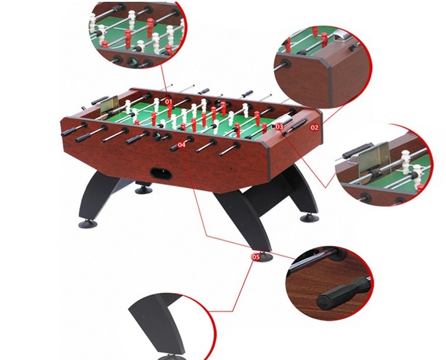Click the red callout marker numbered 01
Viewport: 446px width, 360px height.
tap(168, 102)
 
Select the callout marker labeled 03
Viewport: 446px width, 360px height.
tap(279, 127)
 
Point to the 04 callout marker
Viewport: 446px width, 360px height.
tap(182, 144)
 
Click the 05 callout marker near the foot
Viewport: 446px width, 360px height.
tap(257, 257)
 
